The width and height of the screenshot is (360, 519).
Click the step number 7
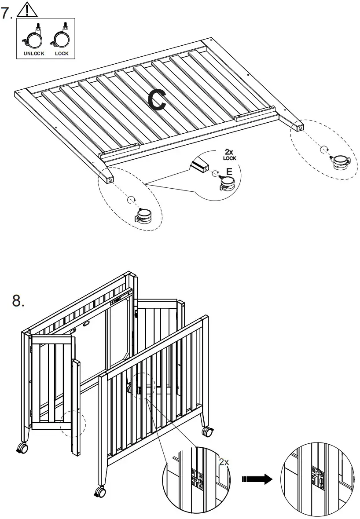coord(7,13)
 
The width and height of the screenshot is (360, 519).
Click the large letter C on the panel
coord(156,99)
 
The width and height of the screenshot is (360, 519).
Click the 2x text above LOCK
coord(229,152)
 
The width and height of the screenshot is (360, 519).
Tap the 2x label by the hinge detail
coord(224,462)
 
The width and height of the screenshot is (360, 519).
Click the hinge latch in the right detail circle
coord(317,478)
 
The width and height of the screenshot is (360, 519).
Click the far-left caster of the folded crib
coord(22,448)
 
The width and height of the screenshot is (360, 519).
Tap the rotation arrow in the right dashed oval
coord(323,149)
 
